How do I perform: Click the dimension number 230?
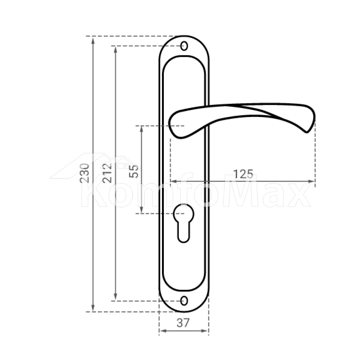pos(84,173)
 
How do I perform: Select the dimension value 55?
pos(134,171)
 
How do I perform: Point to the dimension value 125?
pos(243,174)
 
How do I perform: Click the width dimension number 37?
pos(183,323)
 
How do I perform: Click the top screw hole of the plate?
pos(184,46)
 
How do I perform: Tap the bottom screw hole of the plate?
pos(184,301)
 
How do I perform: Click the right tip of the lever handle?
pos(307,132)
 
